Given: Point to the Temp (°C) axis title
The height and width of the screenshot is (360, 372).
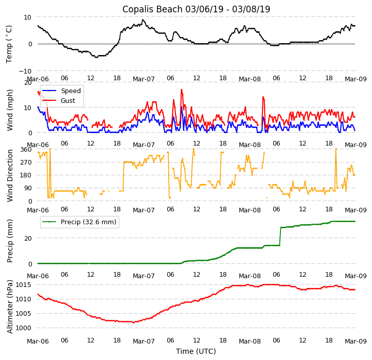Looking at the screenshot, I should click(9, 44).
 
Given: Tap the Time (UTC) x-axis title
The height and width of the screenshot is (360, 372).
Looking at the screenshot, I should click(196, 351).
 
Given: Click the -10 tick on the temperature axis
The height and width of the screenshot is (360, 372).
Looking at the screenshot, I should click(26, 71).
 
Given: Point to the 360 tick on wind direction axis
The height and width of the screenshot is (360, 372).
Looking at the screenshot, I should click(26, 150).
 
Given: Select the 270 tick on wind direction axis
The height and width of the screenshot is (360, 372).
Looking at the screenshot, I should click(26, 163).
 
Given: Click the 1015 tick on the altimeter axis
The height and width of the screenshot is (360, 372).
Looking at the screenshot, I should click(24, 284).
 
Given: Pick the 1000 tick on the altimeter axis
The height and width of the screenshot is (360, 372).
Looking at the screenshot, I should click(24, 328).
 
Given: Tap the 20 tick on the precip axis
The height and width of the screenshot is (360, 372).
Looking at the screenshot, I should click(28, 238).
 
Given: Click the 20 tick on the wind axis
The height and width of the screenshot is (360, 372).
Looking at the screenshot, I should click(28, 82).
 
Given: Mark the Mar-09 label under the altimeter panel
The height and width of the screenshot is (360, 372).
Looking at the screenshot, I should click(356, 341).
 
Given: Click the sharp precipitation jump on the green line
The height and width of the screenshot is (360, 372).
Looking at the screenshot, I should click(280, 236).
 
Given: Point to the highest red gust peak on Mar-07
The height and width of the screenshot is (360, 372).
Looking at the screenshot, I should click(181, 90).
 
